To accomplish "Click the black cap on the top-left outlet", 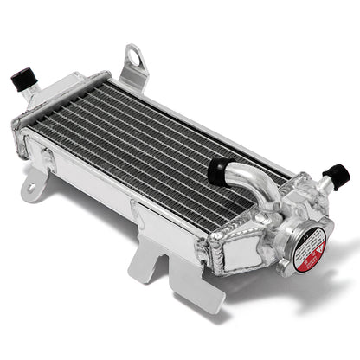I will [22, 80].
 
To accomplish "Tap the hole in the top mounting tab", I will [134, 60].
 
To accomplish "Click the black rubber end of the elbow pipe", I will [218, 170].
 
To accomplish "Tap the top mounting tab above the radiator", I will [133, 66].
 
